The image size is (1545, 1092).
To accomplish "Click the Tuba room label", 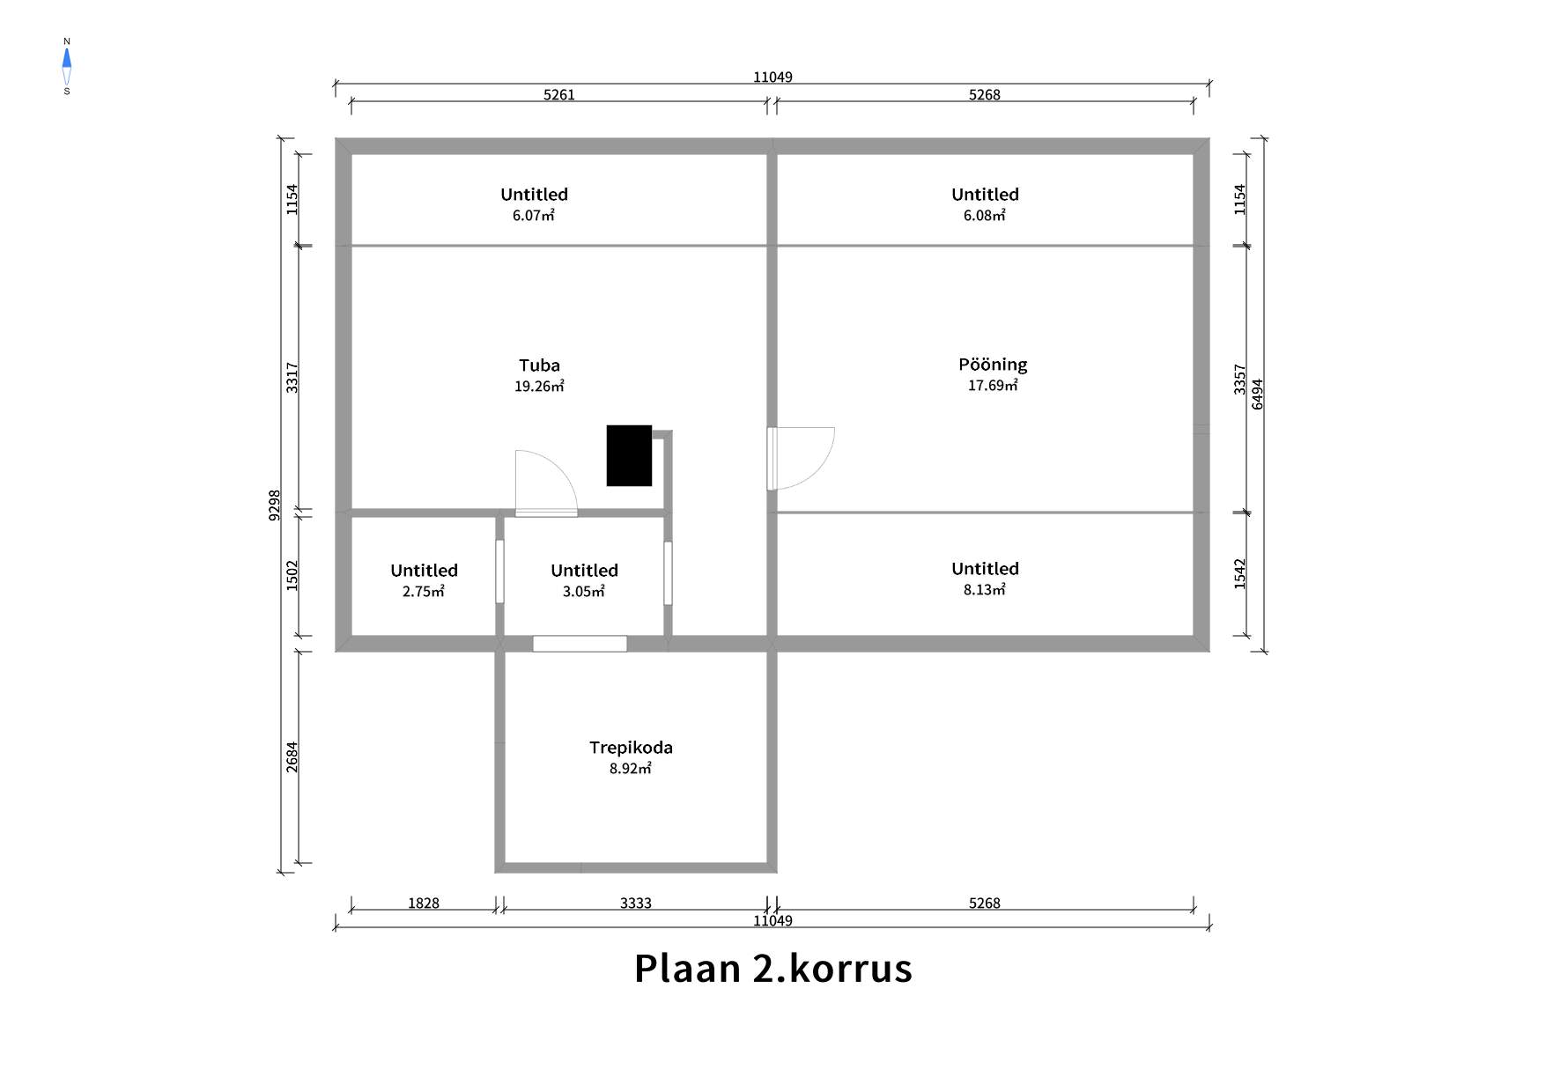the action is point(539,365).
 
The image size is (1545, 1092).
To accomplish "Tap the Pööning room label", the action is point(993,365).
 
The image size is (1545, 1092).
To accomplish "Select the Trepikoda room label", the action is point(631,748).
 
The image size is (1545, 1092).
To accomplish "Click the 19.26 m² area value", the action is point(539,386).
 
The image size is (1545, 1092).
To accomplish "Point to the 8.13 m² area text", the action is point(985,590).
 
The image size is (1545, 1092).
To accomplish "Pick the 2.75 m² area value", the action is point(424,592).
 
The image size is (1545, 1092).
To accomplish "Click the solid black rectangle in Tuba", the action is point(629,455).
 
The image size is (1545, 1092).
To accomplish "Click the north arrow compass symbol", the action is point(67,66).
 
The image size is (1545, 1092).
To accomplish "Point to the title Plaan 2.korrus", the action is point(772,968).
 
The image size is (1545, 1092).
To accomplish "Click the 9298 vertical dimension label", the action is point(275,505).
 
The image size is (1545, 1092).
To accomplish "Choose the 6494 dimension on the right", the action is point(1258,395).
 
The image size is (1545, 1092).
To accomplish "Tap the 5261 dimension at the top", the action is point(559,95).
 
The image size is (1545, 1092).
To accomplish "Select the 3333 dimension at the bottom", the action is point(636,904).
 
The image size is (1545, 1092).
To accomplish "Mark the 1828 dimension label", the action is point(424,904).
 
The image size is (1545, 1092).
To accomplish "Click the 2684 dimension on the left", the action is point(292,757).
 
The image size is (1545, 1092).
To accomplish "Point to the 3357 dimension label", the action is point(1240,379).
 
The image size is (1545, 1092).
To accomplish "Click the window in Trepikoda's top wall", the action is point(580,644).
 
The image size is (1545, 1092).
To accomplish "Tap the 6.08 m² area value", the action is point(985,216).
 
